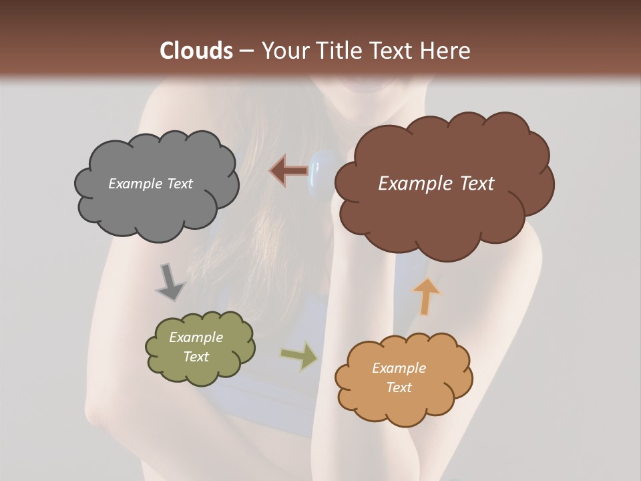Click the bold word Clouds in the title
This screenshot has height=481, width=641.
(x=196, y=51)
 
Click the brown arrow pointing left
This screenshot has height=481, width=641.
(x=289, y=171)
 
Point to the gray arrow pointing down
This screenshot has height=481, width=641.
(x=170, y=283)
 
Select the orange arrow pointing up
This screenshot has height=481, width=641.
(x=425, y=296)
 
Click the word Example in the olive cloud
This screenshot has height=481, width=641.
(x=196, y=337)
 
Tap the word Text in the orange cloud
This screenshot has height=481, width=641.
(x=399, y=387)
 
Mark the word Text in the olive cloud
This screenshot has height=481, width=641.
(x=196, y=357)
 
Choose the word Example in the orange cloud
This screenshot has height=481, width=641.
(x=399, y=368)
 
